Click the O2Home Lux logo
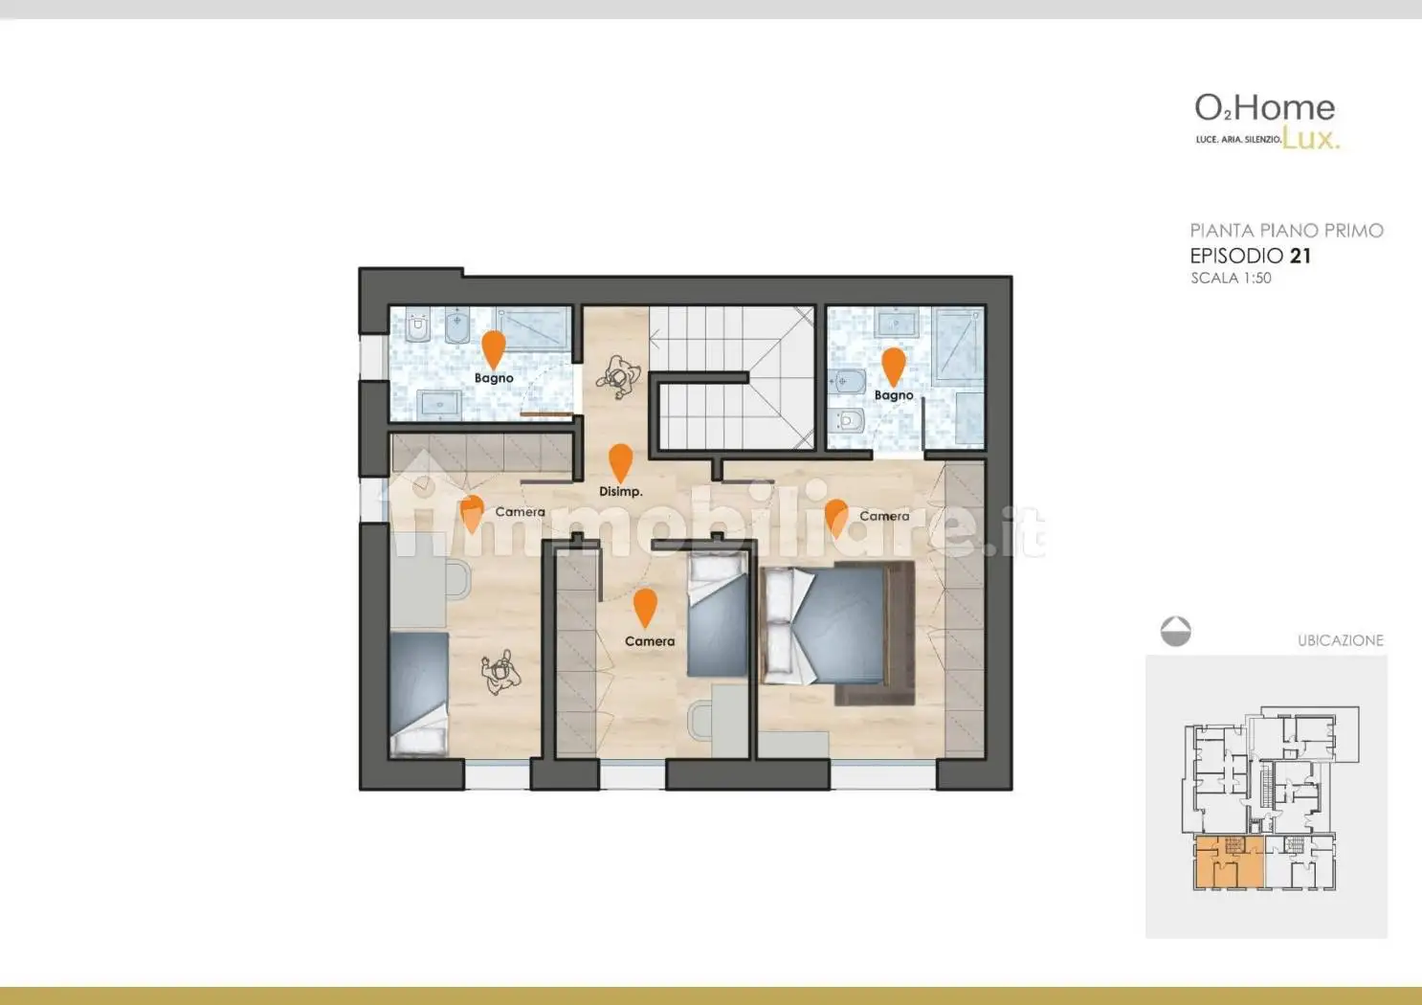click(x=1265, y=121)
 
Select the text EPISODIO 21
click(x=1250, y=256)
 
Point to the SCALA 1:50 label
click(x=1231, y=279)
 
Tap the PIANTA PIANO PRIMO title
click(x=1286, y=231)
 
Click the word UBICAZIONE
click(x=1340, y=640)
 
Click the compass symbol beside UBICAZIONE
click(x=1175, y=632)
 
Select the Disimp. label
click(x=620, y=491)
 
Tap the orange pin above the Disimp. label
click(x=621, y=461)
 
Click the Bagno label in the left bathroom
click(x=494, y=378)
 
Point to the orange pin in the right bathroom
click(x=893, y=365)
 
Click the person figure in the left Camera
click(x=500, y=672)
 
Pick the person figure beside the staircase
click(x=617, y=377)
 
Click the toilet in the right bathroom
click(x=850, y=420)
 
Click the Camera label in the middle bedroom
click(x=649, y=641)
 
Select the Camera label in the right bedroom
click(x=883, y=516)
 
